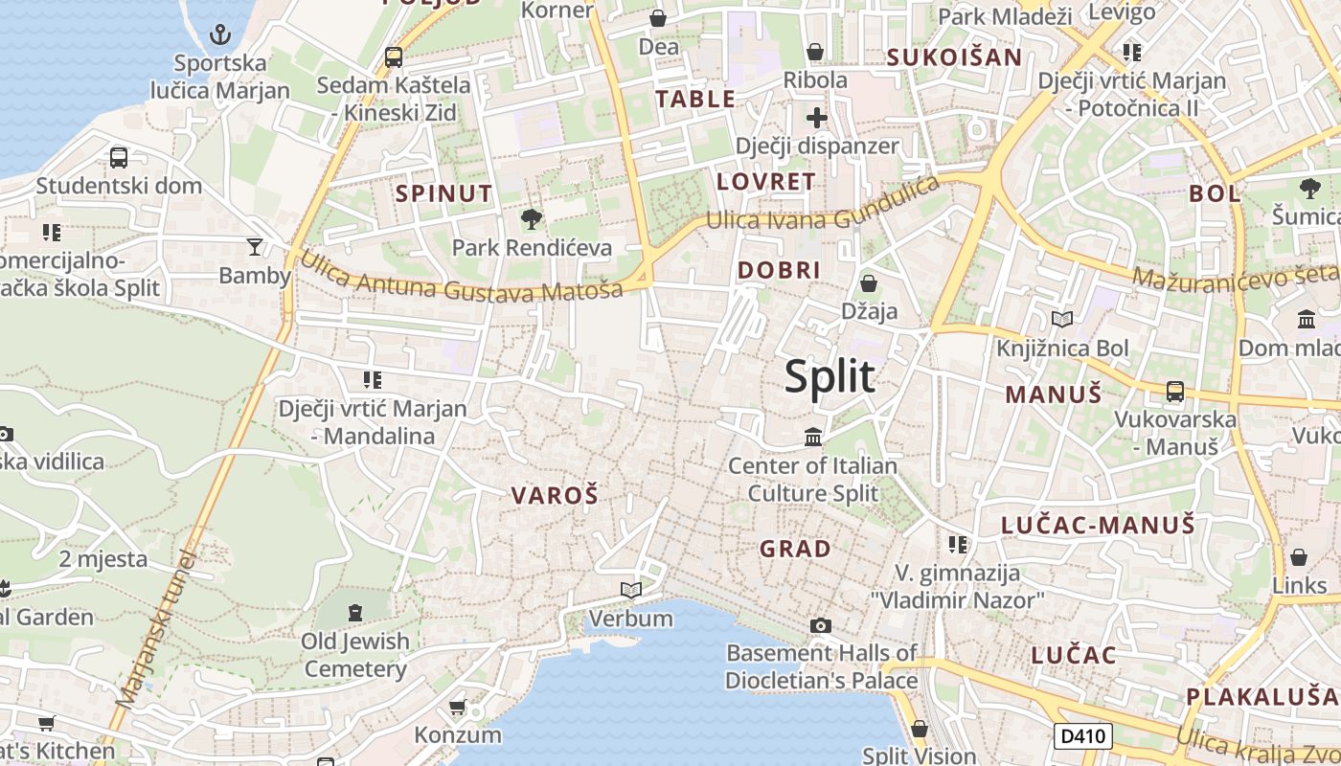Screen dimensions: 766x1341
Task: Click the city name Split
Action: (830, 376)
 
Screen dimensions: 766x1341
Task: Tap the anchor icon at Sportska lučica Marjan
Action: (220, 35)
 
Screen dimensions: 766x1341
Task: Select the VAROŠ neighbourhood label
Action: (555, 495)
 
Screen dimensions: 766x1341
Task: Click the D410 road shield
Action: (1083, 736)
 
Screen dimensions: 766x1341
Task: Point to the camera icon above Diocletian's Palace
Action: (820, 625)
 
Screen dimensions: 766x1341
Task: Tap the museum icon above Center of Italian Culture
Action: (813, 437)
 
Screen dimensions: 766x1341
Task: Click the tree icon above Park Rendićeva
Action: (531, 219)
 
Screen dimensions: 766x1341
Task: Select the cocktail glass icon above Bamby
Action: (254, 247)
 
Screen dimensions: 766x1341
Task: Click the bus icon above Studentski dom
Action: (119, 157)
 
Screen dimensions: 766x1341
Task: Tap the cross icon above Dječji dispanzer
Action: (816, 118)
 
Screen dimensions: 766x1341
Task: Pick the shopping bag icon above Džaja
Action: (869, 283)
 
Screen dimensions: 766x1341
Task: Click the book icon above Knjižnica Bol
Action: (1062, 319)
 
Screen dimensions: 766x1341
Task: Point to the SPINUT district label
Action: (444, 193)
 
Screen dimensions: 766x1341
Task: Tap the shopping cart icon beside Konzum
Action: (458, 707)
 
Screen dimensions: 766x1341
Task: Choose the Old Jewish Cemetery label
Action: (355, 655)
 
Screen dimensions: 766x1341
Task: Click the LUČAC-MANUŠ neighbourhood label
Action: (1098, 525)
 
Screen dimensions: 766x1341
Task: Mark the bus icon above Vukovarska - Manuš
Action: (1175, 391)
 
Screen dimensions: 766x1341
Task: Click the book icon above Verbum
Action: (630, 590)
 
